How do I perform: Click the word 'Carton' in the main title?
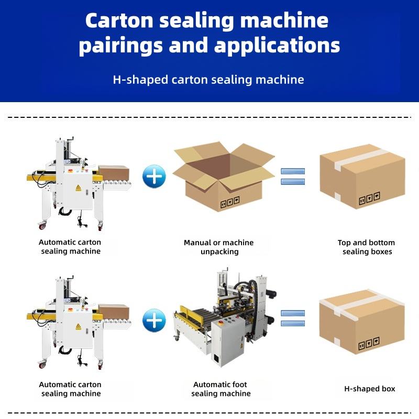(x=119, y=20)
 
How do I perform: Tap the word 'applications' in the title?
(x=277, y=46)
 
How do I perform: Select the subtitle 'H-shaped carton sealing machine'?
(x=208, y=80)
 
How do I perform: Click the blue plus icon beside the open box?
(x=154, y=177)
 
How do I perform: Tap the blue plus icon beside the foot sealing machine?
(x=154, y=321)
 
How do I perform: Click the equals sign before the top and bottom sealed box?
(x=293, y=177)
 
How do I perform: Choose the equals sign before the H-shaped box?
(x=293, y=318)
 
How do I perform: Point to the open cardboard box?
(x=224, y=177)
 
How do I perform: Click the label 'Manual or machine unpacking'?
(x=219, y=247)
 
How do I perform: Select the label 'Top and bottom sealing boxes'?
(x=366, y=247)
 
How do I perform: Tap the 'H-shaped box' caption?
(x=370, y=389)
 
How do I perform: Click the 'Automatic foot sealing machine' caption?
(x=220, y=389)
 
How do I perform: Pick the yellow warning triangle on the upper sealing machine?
(x=78, y=188)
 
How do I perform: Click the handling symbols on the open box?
(x=230, y=202)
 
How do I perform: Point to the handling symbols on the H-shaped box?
(x=369, y=344)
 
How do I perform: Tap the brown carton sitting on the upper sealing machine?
(x=114, y=173)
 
